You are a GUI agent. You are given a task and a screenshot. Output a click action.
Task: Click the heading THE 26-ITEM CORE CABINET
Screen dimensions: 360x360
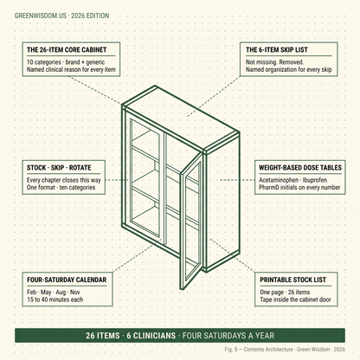click(x=67, y=49)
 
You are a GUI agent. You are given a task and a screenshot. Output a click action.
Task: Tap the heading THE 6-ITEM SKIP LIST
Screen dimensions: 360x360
click(x=277, y=49)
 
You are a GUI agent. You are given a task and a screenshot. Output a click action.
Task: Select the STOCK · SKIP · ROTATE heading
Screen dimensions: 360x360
click(x=59, y=168)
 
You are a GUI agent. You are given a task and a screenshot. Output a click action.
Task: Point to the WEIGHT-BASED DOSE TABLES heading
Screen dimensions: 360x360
click(x=300, y=168)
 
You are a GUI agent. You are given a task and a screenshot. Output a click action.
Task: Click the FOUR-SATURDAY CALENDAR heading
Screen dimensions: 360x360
click(x=67, y=280)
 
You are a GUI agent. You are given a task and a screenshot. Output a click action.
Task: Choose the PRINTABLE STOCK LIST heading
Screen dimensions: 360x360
click(x=292, y=280)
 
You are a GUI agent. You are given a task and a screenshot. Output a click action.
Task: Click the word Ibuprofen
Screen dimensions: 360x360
click(x=315, y=180)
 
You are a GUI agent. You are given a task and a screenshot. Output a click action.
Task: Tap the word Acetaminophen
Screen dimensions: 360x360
click(x=279, y=180)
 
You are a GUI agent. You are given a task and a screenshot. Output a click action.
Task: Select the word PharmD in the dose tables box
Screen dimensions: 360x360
click(x=268, y=187)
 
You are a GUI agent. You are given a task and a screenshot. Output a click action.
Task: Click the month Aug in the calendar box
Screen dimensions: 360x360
click(x=61, y=292)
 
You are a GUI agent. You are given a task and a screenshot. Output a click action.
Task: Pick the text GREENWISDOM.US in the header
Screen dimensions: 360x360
click(x=41, y=16)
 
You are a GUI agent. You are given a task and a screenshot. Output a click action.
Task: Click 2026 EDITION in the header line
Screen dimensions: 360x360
click(x=90, y=16)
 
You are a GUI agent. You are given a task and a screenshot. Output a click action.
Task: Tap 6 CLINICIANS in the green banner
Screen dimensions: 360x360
click(x=151, y=336)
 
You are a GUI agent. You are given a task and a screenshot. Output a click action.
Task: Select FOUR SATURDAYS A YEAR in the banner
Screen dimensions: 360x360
click(x=228, y=336)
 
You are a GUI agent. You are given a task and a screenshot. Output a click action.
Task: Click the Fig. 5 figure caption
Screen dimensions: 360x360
click(x=285, y=350)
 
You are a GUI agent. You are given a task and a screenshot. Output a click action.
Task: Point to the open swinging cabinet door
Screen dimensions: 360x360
click(x=191, y=221)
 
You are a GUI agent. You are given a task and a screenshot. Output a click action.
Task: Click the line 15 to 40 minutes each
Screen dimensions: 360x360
click(x=55, y=299)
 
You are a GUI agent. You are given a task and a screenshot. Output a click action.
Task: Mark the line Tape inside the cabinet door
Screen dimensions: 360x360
click(x=295, y=299)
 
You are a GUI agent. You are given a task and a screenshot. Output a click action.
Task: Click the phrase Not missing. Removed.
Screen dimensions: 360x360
click(x=274, y=62)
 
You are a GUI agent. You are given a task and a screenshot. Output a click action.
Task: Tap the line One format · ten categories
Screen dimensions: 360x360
click(x=61, y=187)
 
